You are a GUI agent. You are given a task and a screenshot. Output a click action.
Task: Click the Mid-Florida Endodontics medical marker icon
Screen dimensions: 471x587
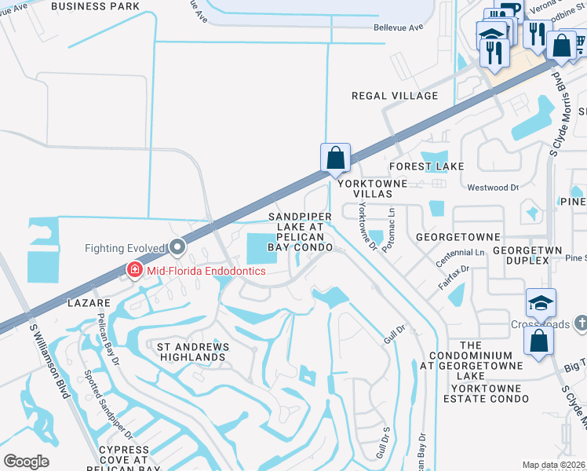coord(134,271)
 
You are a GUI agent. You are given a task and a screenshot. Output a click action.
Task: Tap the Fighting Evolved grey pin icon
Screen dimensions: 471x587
coord(177,248)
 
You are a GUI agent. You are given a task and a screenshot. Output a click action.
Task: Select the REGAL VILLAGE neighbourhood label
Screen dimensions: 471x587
coord(395,96)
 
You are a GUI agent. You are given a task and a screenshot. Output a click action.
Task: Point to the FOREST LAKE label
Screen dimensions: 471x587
coord(427,166)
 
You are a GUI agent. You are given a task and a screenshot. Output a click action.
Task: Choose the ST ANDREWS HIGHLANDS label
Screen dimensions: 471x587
coord(193,352)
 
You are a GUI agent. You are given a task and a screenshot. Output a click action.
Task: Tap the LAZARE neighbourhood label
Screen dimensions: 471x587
coord(87,301)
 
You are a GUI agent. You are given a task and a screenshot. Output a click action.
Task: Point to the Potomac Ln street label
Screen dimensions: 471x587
coord(389,224)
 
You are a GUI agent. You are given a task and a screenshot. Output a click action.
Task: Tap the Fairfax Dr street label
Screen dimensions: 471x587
coord(454,279)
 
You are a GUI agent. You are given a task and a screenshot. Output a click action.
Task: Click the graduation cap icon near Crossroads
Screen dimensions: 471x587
coord(541,303)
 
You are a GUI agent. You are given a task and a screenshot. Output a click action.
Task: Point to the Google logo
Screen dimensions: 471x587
coord(26,462)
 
